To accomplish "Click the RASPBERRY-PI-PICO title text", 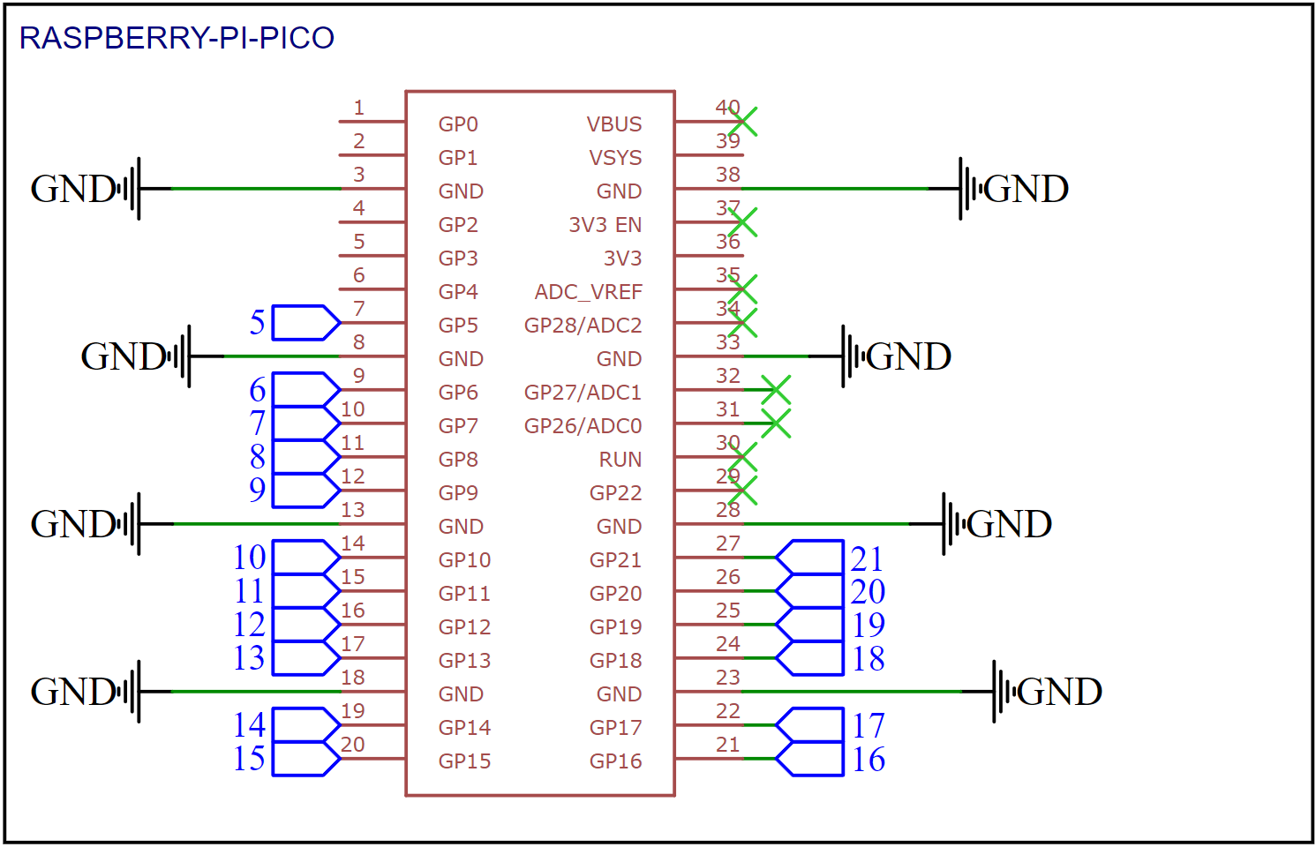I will pyautogui.click(x=177, y=38).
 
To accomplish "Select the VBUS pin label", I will pyautogui.click(x=614, y=124).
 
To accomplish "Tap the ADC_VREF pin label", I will pyautogui.click(x=588, y=292).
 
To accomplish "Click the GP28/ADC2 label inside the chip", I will pyautogui.click(x=583, y=326).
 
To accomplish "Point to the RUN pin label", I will pyautogui.click(x=620, y=460).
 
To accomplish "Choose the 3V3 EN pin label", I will pyautogui.click(x=605, y=225).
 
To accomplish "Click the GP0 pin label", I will pyautogui.click(x=458, y=124).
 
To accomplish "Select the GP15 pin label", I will pyautogui.click(x=464, y=761).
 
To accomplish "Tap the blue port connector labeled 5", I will pyautogui.click(x=305, y=323).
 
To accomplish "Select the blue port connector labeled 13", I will pyautogui.click(x=305, y=658).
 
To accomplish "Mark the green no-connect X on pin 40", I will pyautogui.click(x=743, y=123).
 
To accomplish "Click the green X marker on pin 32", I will pyautogui.click(x=775, y=390).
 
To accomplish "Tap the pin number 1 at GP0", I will pyautogui.click(x=358, y=108).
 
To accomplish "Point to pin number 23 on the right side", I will pyautogui.click(x=727, y=678).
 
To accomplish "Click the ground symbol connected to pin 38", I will pyautogui.click(x=969, y=189).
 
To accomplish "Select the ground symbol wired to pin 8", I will pyautogui.click(x=180, y=356).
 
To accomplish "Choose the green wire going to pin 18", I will pyautogui.click(x=256, y=692).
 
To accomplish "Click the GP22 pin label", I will pyautogui.click(x=615, y=493).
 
